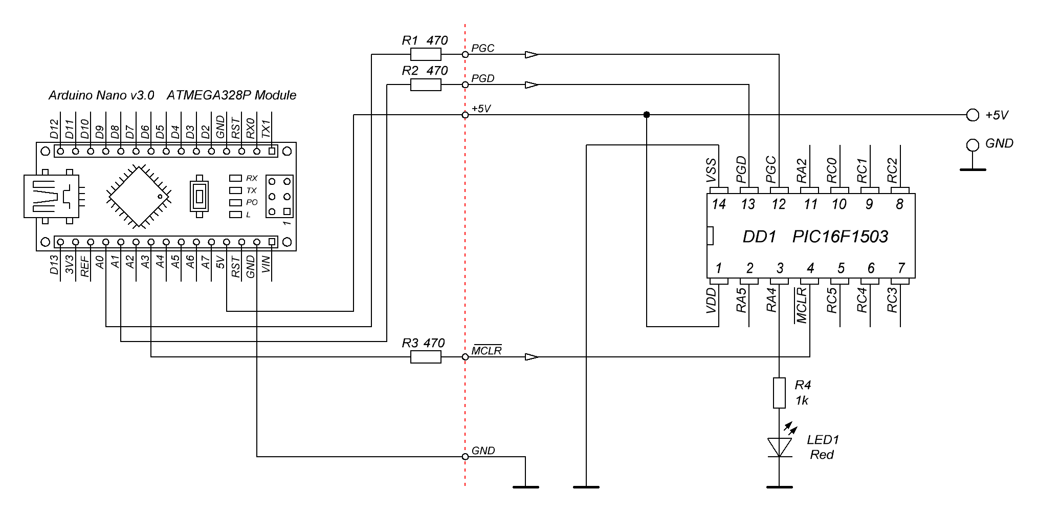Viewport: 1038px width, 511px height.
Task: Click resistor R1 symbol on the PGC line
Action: point(426,54)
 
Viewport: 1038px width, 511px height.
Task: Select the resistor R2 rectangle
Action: point(426,84)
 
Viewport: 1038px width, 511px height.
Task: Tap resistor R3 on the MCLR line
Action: point(426,357)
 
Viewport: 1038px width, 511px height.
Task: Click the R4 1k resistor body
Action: point(779,393)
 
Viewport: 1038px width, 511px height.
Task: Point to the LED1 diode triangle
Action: point(779,447)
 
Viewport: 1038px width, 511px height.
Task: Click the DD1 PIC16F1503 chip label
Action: point(815,237)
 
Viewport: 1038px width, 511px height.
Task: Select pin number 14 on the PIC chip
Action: point(719,204)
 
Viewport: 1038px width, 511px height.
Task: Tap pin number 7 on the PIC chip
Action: point(901,268)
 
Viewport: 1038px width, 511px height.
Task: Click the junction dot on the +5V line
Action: point(647,115)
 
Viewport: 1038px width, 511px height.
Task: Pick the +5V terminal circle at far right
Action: point(972,115)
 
